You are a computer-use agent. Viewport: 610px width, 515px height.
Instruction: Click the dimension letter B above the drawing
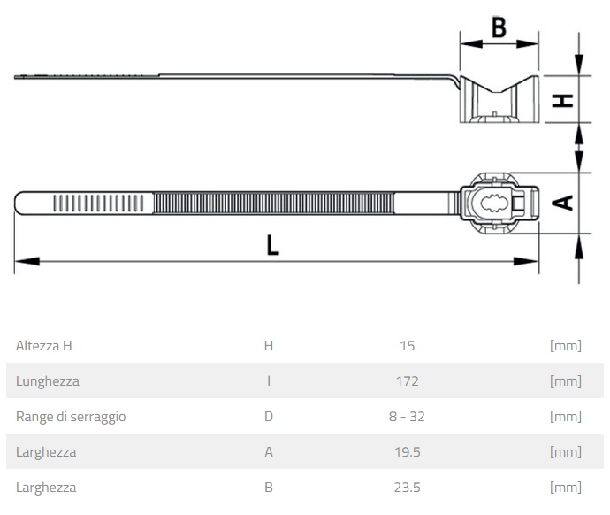pyautogui.click(x=499, y=27)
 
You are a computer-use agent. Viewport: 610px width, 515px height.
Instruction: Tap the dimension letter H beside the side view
pyautogui.click(x=562, y=100)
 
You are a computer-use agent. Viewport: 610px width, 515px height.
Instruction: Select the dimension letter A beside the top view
pyautogui.click(x=562, y=203)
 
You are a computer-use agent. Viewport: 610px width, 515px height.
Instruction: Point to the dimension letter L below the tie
pyautogui.click(x=272, y=245)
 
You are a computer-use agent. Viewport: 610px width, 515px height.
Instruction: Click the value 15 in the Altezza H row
pyautogui.click(x=408, y=346)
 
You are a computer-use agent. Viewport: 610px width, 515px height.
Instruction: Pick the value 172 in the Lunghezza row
pyautogui.click(x=408, y=381)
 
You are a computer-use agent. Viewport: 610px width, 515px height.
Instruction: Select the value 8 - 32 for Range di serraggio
pyautogui.click(x=407, y=417)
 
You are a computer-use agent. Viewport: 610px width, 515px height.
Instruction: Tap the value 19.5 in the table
pyautogui.click(x=408, y=452)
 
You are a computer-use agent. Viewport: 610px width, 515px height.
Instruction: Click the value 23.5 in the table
pyautogui.click(x=408, y=488)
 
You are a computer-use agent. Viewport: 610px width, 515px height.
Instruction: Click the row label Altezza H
pyautogui.click(x=44, y=346)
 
